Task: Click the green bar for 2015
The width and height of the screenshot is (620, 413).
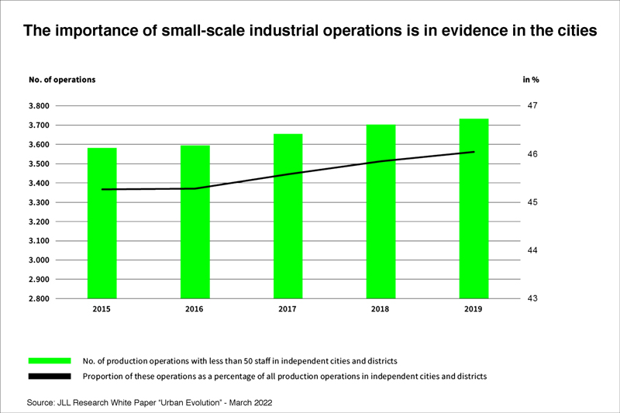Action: point(102,223)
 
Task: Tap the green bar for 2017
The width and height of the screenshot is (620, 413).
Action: point(288,216)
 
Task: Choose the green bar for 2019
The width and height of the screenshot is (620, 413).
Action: point(474,208)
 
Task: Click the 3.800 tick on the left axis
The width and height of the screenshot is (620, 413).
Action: point(39,106)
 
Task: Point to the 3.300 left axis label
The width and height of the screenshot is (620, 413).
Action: point(39,202)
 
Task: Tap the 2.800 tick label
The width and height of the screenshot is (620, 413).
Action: point(39,299)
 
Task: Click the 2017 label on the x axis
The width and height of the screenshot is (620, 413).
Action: point(288,309)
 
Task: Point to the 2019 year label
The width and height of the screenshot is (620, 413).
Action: point(474,309)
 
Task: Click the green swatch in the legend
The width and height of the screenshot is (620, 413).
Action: point(50,361)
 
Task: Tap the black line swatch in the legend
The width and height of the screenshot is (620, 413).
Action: point(50,377)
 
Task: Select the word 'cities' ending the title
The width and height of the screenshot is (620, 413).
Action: point(573,32)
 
